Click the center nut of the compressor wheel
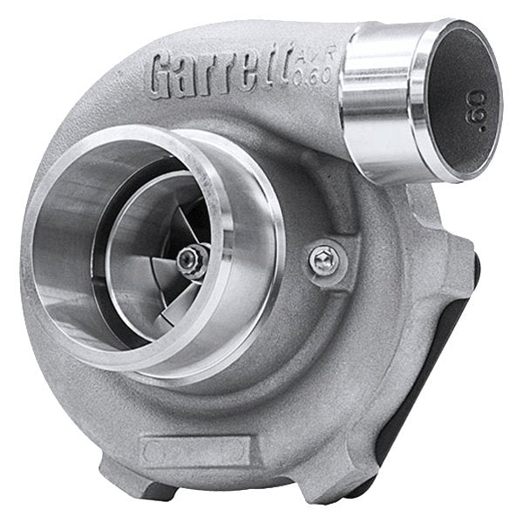click(x=191, y=258)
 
